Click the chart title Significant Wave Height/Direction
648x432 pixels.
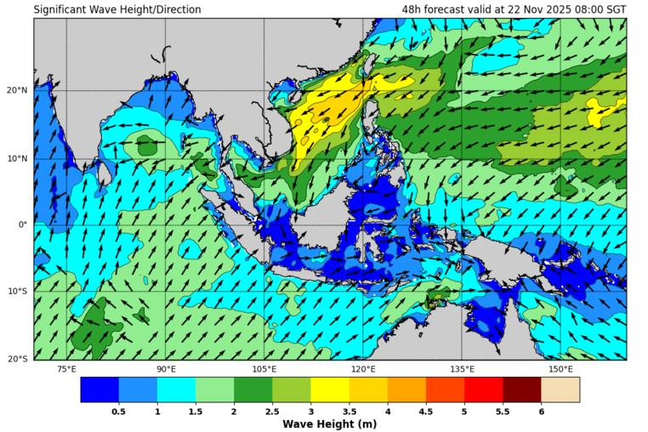(x=117, y=9)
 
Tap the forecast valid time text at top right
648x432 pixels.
(x=514, y=9)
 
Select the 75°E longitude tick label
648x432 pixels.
(x=66, y=369)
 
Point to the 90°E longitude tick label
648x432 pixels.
(x=166, y=369)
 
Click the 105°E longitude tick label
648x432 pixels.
(x=264, y=369)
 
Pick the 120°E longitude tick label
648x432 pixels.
(x=363, y=369)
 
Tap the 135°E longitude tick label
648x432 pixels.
(x=462, y=369)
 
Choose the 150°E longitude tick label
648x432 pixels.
(x=560, y=369)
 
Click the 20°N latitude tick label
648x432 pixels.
(x=17, y=91)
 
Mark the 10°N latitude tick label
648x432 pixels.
(x=17, y=158)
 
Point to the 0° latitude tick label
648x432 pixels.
(x=23, y=225)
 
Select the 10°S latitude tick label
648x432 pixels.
(x=17, y=292)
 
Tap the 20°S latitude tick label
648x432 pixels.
(x=17, y=359)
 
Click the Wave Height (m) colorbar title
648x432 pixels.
(x=330, y=423)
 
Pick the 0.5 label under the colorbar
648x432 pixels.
(x=119, y=411)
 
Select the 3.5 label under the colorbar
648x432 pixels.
(x=349, y=411)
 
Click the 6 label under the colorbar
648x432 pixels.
(x=541, y=411)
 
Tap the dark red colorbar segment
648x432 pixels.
(x=521, y=389)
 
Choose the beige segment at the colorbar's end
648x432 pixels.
(x=560, y=389)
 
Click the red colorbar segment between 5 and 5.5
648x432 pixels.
(x=483, y=389)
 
